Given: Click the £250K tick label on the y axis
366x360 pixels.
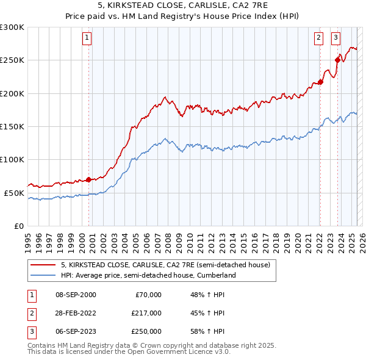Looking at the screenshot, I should (x=12, y=60).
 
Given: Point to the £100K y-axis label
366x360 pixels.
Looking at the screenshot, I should (x=12, y=159).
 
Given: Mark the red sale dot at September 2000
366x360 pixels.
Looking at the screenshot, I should (x=88, y=179).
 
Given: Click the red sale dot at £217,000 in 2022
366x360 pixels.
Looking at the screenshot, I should (x=320, y=82).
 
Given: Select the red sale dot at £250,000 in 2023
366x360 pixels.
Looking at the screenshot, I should (x=337, y=60).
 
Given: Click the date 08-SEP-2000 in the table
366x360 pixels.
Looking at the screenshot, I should (x=76, y=295).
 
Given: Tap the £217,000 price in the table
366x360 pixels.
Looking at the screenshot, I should (x=146, y=313).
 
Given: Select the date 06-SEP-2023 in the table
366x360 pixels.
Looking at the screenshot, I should (x=76, y=331).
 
